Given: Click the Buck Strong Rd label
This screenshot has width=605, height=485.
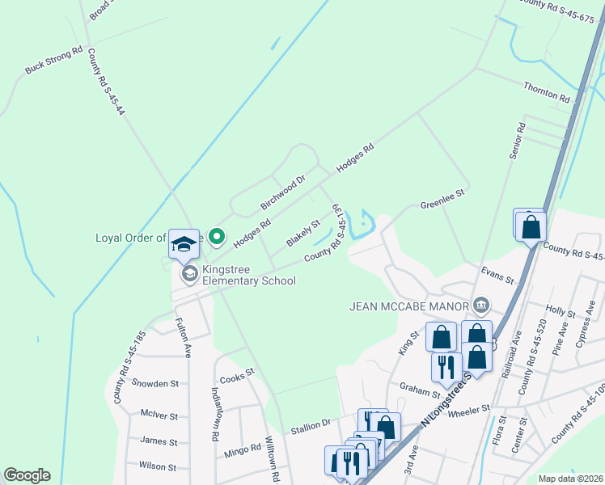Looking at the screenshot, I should [54, 60].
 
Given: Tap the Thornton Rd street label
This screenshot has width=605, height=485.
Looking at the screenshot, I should [547, 91].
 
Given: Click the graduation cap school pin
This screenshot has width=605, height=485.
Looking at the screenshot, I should [184, 243].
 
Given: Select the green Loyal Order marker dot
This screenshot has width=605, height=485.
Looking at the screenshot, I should [216, 237].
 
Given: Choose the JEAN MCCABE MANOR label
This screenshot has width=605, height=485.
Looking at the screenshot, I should [409, 306].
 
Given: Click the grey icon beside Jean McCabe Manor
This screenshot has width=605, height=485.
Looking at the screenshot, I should [481, 305].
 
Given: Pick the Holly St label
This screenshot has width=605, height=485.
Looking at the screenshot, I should [559, 310].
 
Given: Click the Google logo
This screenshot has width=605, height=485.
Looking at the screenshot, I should [27, 475].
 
